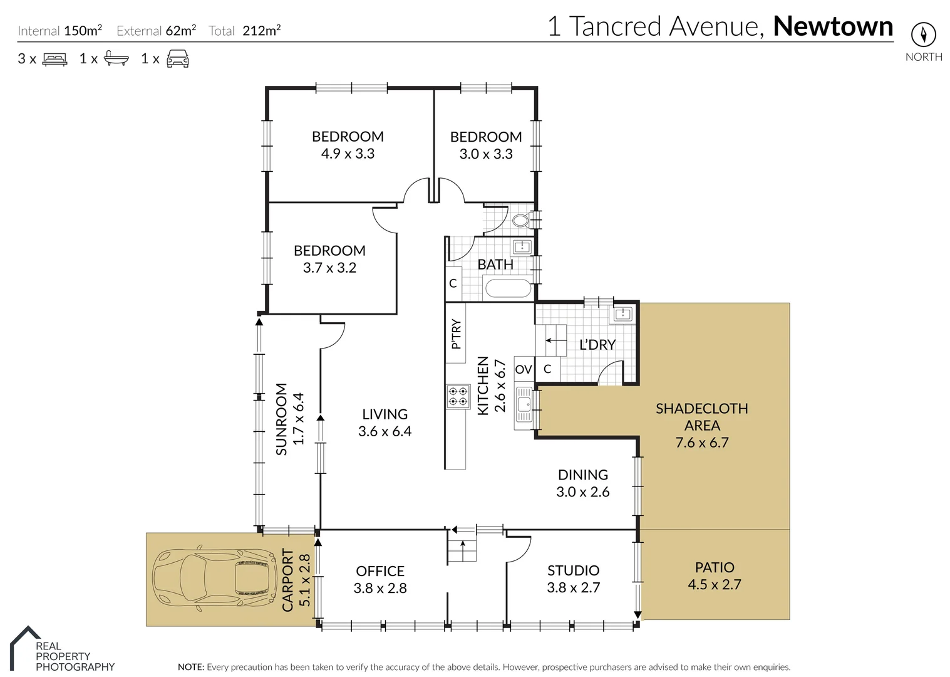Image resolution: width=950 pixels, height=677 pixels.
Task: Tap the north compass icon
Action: (x=923, y=34)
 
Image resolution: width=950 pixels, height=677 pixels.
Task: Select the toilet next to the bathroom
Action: (x=520, y=220)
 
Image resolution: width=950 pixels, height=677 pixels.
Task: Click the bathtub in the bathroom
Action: (x=508, y=288)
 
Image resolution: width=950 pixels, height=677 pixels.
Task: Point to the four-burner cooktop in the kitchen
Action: (x=458, y=396)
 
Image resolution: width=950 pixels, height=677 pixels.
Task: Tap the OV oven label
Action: (x=524, y=369)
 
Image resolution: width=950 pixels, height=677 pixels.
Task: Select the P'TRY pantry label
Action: (x=456, y=334)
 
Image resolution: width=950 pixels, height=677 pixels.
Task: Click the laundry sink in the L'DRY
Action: (x=622, y=314)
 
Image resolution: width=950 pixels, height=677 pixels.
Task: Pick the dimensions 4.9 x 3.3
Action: (x=348, y=154)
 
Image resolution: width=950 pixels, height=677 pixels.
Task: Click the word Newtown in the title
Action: (x=833, y=26)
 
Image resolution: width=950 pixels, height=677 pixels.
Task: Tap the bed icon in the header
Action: (x=55, y=60)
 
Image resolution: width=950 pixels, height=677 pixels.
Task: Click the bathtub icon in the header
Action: (x=116, y=59)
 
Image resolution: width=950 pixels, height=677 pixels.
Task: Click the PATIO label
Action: (x=714, y=567)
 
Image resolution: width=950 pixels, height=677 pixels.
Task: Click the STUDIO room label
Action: (x=573, y=570)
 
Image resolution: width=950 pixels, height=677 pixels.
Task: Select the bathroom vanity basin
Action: (x=522, y=246)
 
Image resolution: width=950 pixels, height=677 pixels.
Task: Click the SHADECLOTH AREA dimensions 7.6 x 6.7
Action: (x=701, y=443)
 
